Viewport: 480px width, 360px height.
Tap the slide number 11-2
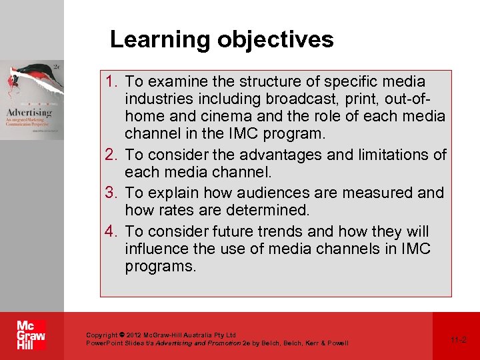458,339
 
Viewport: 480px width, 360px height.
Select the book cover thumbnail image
32,100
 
